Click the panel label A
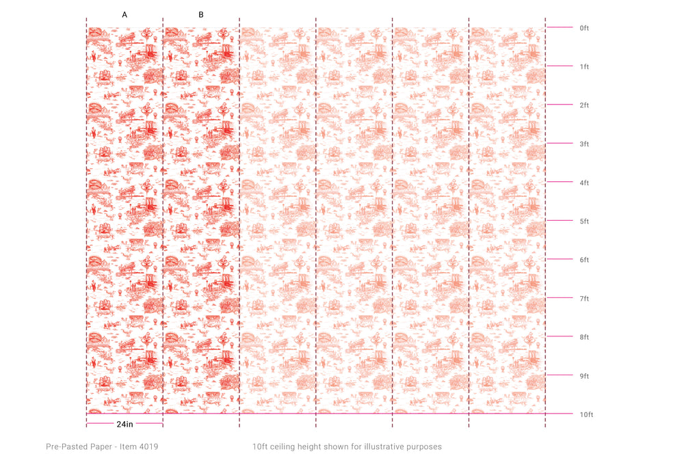click(x=124, y=14)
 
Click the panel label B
click(x=201, y=14)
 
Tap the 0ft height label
click(x=584, y=28)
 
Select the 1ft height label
click(x=584, y=67)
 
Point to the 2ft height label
click(x=584, y=105)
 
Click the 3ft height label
click(x=584, y=144)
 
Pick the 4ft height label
click(x=584, y=183)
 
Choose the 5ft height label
click(x=584, y=222)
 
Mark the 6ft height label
click(x=584, y=260)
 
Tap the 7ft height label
click(x=584, y=299)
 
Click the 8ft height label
click(x=584, y=337)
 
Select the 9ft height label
click(x=584, y=376)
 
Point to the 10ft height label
click(x=586, y=415)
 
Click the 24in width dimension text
click(x=124, y=425)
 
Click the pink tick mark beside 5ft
click(x=560, y=221)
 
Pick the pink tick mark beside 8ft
click(x=560, y=336)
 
